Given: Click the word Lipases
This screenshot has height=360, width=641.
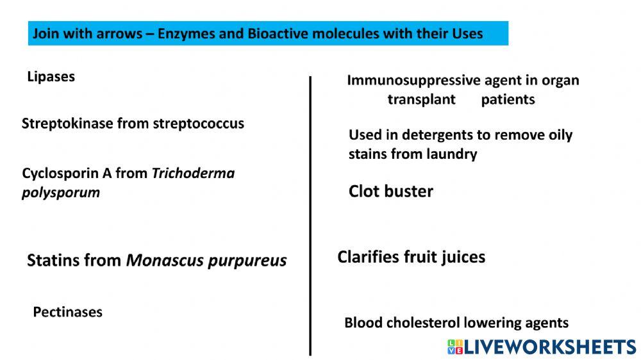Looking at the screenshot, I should coord(51,77).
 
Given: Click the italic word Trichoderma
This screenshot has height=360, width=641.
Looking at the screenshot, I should coord(193,174).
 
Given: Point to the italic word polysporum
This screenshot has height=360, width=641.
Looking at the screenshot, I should coord(60,192).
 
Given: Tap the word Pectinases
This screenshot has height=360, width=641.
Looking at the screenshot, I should coord(67,312).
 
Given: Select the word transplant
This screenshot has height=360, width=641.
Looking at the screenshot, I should coord(421,100).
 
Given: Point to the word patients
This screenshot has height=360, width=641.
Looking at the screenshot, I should coord(508,100).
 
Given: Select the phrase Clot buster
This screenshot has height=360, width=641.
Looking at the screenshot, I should coord(390,191).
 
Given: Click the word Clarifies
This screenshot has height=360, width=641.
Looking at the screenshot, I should coord(369,257).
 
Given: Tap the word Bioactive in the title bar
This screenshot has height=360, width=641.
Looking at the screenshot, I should coord(279,33).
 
